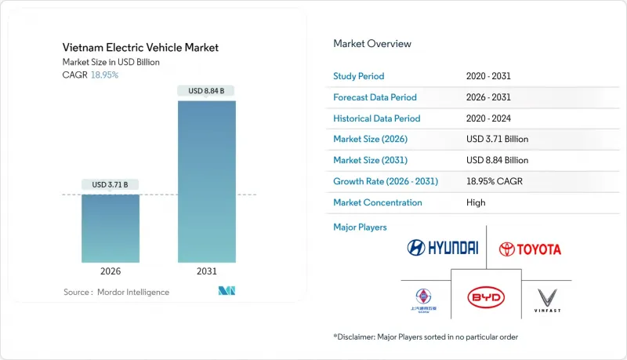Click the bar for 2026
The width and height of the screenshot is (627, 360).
(111, 228)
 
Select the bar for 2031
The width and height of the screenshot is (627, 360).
(207, 181)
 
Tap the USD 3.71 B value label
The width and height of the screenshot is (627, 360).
(111, 185)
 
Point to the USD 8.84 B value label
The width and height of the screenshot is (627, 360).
(207, 91)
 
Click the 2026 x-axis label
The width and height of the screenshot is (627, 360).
(111, 271)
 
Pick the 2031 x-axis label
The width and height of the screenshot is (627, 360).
(207, 271)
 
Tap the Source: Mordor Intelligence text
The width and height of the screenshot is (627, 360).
(116, 292)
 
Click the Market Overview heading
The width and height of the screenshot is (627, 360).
(372, 43)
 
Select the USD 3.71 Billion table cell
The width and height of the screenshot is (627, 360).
(497, 139)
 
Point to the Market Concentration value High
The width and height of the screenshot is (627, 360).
(476, 202)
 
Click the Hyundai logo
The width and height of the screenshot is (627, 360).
(442, 248)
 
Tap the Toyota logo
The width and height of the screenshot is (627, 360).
(530, 249)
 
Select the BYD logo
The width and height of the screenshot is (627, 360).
(486, 298)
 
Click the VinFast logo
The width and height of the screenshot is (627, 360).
(547, 299)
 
